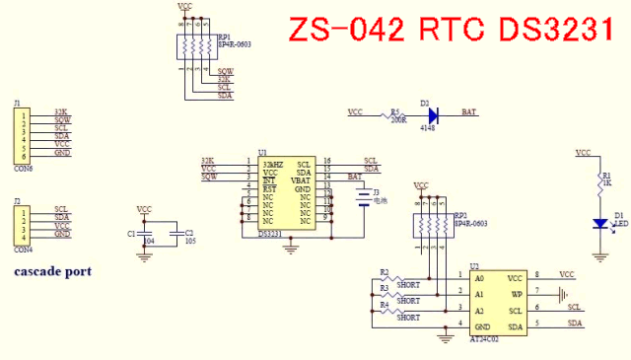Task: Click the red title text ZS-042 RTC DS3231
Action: coord(443,30)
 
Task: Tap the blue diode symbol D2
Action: coord(433,114)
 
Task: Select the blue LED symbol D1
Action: coord(598,223)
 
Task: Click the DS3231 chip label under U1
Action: coord(271,234)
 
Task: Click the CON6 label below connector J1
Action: coord(24,169)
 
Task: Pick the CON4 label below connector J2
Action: coord(24,251)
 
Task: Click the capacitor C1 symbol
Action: coord(145,234)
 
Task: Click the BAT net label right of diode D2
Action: coord(469,114)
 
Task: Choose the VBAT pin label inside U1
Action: coord(301,180)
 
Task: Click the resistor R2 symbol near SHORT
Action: coord(395,278)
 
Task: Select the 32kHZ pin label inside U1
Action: coord(273,163)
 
